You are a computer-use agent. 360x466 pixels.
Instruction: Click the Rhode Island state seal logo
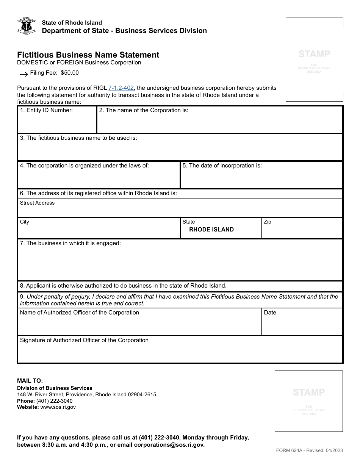27,26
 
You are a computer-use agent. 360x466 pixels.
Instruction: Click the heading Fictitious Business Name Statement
88,55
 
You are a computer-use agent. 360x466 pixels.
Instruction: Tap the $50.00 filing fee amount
70,73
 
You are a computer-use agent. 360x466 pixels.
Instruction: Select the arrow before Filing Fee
23,73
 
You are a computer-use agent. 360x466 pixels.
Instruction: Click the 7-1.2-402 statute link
121,88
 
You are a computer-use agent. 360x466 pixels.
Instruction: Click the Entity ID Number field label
46,110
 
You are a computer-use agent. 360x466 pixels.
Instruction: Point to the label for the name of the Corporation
144,110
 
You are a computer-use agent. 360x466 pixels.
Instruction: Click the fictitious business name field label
78,138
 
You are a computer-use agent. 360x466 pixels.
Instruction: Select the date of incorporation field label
222,166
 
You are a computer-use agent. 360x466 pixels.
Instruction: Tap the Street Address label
37,203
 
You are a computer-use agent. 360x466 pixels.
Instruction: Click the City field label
25,222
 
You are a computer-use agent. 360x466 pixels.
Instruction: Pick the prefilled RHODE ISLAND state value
211,230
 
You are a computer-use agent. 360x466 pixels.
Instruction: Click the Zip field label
268,222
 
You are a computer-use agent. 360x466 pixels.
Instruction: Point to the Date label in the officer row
270,313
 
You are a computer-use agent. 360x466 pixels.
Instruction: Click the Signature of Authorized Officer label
84,340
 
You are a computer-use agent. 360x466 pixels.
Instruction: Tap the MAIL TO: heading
30,381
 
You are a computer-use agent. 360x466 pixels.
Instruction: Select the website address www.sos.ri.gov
58,407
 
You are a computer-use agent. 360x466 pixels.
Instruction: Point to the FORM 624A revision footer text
309,450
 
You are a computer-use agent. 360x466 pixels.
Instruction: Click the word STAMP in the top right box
314,54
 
